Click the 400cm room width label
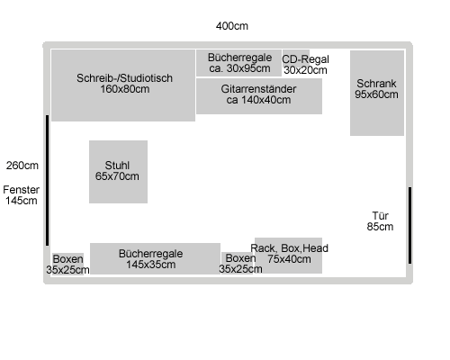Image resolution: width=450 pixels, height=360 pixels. click(x=232, y=26)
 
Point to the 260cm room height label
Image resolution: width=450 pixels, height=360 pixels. click(x=22, y=166)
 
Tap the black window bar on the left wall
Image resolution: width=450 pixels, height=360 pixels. click(x=47, y=180)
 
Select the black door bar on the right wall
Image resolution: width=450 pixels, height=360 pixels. click(x=409, y=225)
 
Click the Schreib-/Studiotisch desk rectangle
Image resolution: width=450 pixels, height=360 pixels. click(x=123, y=85)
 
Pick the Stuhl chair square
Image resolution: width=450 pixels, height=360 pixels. click(x=118, y=172)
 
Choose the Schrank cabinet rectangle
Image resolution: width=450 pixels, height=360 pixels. click(x=377, y=93)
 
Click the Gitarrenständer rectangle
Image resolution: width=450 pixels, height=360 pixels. click(x=259, y=96)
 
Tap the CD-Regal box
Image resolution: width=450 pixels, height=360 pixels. click(x=296, y=62)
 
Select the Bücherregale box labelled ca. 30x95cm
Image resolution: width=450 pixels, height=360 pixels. click(x=238, y=63)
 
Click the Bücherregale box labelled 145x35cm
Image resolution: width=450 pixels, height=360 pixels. click(x=155, y=258)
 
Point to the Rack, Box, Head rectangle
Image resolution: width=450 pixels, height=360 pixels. click(x=288, y=256)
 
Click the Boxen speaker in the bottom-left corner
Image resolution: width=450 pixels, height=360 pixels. click(x=68, y=264)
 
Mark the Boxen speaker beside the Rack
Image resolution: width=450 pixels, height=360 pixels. click(x=238, y=263)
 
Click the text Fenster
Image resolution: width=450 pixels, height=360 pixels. click(x=21, y=190)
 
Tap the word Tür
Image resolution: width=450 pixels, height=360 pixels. click(x=380, y=216)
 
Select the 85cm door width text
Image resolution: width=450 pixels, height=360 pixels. click(x=380, y=227)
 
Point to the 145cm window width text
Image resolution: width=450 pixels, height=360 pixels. click(x=21, y=201)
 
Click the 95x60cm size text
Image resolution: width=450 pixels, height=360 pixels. click(x=376, y=94)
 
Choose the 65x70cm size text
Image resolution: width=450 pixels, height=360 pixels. click(x=117, y=176)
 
